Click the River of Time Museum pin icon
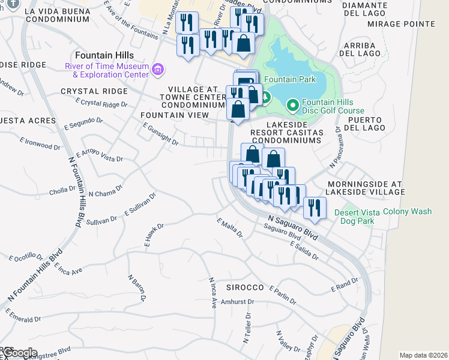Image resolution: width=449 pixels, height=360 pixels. [x=158, y=70]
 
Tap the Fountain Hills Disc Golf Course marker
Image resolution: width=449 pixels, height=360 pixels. [x=292, y=106]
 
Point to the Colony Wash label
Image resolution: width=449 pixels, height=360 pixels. [x=408, y=212]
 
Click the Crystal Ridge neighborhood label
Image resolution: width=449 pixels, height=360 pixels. [x=94, y=91]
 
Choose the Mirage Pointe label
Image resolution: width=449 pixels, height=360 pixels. [x=412, y=24]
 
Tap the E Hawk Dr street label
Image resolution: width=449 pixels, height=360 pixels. [x=154, y=235]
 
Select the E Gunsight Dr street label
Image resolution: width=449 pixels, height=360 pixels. [x=160, y=134]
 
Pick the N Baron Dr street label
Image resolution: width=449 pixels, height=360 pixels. [x=137, y=288]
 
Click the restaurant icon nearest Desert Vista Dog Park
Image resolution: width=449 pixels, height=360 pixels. [x=314, y=208]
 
